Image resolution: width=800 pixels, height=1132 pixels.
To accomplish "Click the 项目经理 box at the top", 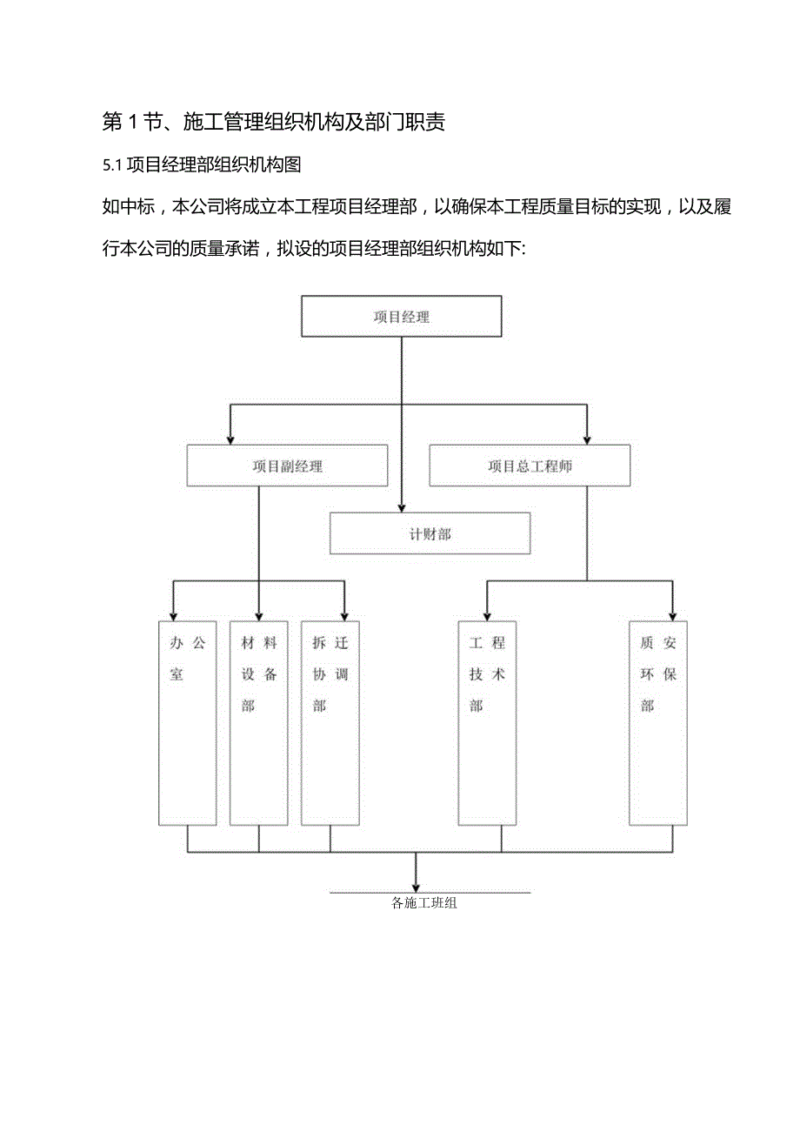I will [401, 316].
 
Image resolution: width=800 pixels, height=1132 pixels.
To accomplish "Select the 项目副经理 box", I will [287, 466].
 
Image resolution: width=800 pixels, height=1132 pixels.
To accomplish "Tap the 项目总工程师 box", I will [530, 466].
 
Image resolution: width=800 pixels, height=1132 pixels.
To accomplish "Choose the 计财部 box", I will [430, 533].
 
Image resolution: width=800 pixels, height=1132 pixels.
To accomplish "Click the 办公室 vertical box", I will [188, 722].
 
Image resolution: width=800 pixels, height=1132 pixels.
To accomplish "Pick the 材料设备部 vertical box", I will [259, 722].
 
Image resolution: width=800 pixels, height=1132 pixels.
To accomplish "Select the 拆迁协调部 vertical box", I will [330, 722].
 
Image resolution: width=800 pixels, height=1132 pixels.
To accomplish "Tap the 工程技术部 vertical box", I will [487, 722].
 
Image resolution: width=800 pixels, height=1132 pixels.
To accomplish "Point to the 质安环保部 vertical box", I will [658, 722].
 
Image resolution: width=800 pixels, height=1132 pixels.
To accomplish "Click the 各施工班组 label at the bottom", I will [424, 903].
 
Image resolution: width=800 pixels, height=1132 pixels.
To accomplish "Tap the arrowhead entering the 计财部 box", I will [402, 506].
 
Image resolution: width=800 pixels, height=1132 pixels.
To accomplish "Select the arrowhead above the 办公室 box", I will [173, 613].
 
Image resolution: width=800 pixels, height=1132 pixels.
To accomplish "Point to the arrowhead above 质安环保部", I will [672, 613].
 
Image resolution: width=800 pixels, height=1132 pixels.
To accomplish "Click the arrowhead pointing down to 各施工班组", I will [416, 886].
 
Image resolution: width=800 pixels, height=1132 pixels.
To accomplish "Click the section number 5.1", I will [115, 164].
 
